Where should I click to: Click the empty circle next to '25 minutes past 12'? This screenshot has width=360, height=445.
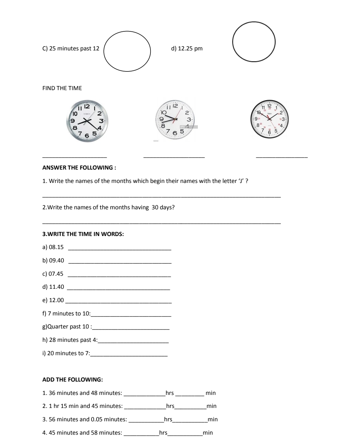click(127, 51)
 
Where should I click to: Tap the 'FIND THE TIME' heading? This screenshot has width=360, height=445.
click(62, 88)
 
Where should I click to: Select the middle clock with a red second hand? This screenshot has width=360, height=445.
click(174, 121)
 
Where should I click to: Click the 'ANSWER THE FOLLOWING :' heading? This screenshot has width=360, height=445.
click(79, 168)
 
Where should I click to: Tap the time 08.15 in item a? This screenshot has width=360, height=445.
click(56, 247)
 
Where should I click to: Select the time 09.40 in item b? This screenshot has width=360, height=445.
click(56, 260)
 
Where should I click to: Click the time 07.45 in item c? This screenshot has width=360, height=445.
click(56, 274)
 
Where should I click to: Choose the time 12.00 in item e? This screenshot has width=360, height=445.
click(56, 300)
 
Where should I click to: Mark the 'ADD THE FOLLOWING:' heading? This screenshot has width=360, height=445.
click(72, 380)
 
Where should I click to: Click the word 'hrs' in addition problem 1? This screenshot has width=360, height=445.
click(169, 393)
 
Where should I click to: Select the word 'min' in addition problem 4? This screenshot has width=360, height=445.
click(208, 433)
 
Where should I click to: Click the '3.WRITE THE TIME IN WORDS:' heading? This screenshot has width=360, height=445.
click(83, 234)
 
